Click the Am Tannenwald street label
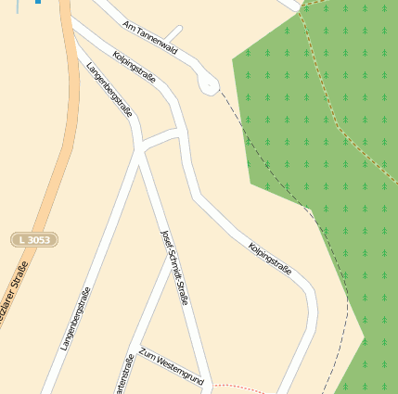148,34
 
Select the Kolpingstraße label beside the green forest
270,260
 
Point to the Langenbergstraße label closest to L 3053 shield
76,319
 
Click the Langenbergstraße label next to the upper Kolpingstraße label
109,90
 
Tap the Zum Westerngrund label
171,366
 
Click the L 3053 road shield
34,240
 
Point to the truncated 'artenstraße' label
122,376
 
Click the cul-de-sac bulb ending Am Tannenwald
209,84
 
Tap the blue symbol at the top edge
36,2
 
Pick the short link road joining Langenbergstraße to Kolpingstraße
160,139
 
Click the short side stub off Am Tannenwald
173,35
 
